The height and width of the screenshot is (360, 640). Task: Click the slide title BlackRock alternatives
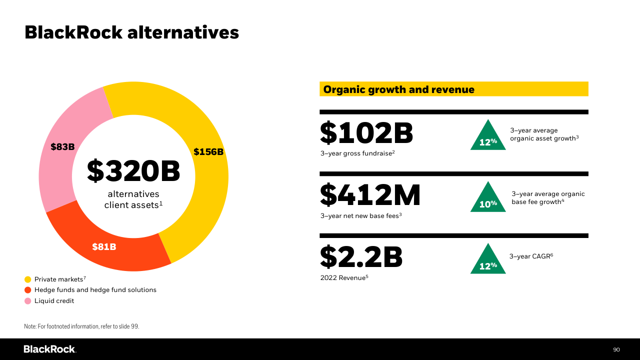click(131, 32)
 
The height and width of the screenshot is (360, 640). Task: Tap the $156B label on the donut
click(208, 152)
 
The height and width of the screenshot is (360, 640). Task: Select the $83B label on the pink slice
click(62, 147)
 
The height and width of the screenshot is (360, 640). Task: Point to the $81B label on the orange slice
click(104, 246)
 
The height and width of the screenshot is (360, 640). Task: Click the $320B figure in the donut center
click(133, 171)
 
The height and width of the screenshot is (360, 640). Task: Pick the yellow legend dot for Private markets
click(28, 279)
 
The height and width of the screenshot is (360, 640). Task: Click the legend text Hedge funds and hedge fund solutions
click(95, 290)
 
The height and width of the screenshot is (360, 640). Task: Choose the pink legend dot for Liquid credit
click(28, 301)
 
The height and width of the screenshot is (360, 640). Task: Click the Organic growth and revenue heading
click(398, 89)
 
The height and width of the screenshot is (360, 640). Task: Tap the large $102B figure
click(366, 133)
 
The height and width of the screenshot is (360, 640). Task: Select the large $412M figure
click(370, 195)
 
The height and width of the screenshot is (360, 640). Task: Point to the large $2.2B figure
click(361, 257)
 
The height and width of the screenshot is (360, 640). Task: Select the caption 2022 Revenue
click(344, 277)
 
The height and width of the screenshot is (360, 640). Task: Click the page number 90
click(616, 349)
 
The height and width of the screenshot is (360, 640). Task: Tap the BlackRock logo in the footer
click(49, 349)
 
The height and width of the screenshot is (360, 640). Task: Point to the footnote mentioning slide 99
click(81, 326)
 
